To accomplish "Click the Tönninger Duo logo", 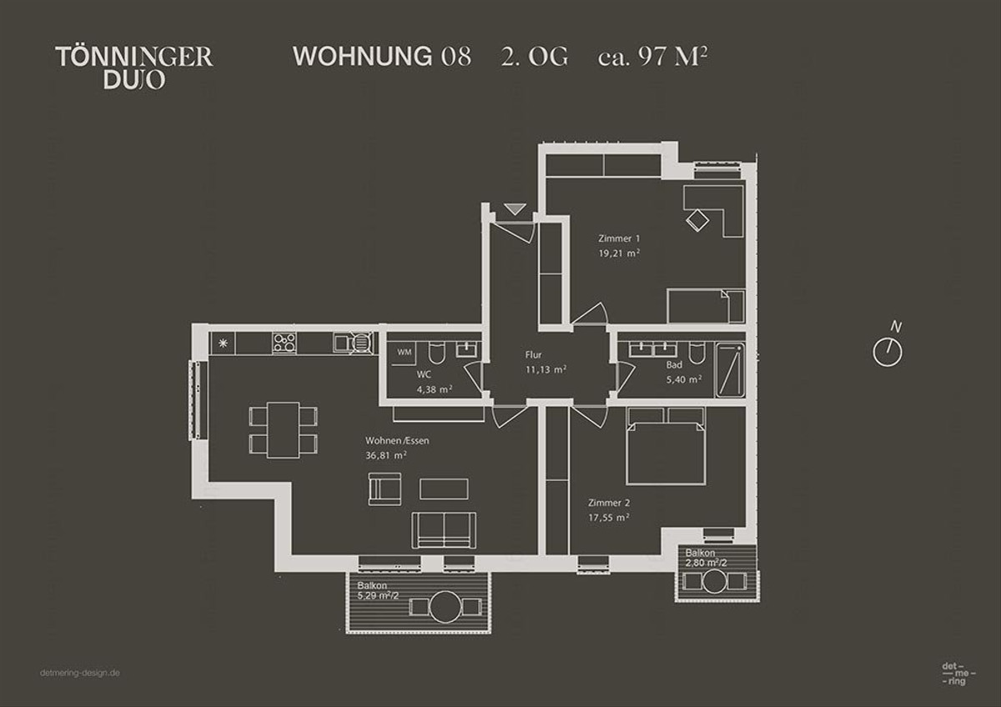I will (x=133, y=68).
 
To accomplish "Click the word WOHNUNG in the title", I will (x=361, y=57).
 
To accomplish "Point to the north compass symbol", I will (x=888, y=352).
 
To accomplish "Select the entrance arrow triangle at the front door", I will (x=513, y=209).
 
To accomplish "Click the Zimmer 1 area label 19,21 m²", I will (x=619, y=253).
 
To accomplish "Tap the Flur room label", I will (x=534, y=354).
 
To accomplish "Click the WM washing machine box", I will (x=405, y=353).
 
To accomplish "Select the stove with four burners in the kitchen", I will (x=284, y=343).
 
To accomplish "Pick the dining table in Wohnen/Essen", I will (x=284, y=429).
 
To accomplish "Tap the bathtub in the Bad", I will (x=729, y=369).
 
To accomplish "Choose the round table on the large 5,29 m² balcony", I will (x=445, y=606).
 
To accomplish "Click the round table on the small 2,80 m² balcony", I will (x=715, y=580).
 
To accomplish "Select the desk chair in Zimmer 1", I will (x=697, y=219).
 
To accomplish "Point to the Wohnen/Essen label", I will (x=397, y=440).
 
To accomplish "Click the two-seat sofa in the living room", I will (x=444, y=529).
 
